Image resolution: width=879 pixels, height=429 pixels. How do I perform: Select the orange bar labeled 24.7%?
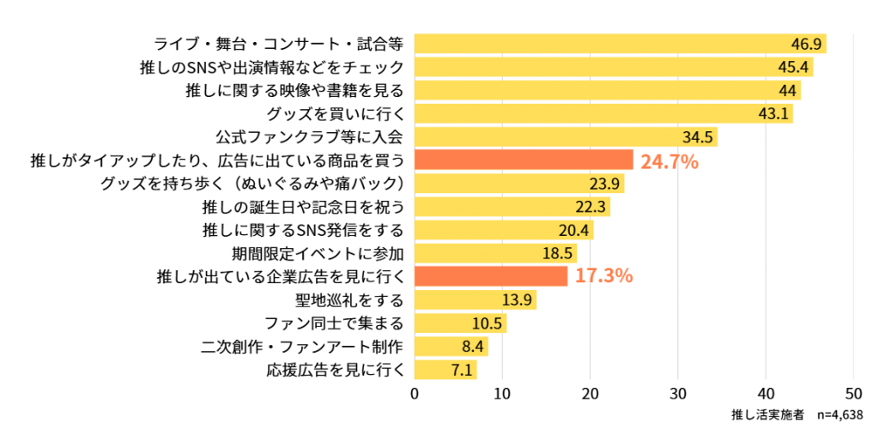pos(524,160)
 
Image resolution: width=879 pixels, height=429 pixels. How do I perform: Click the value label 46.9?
pos(807,44)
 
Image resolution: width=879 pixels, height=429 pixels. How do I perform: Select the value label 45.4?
pos(794,67)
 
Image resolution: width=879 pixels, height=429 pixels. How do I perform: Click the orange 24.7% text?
pos(670,160)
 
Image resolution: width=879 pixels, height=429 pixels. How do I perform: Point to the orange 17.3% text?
pos(603,276)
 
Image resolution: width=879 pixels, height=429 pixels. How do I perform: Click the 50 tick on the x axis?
pos(853,394)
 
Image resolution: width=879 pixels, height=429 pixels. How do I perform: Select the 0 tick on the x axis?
pos(415,394)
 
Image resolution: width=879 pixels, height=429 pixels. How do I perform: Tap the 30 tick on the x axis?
pos(678,394)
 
